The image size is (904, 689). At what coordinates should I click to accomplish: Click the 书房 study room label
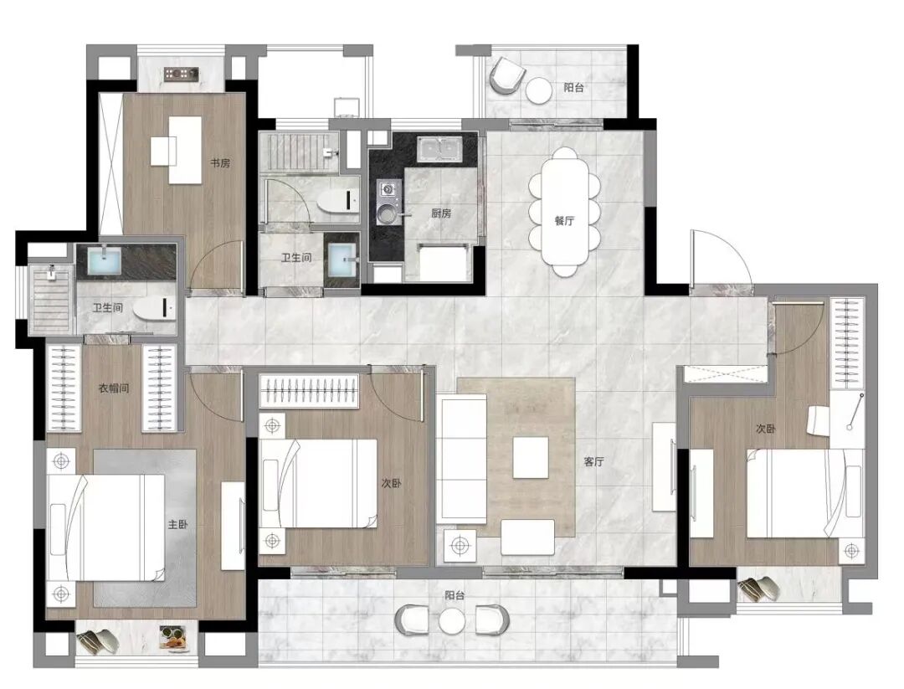pos(219,163)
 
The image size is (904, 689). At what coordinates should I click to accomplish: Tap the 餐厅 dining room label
pos(564,220)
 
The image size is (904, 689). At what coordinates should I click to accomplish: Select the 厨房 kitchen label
pos(441,213)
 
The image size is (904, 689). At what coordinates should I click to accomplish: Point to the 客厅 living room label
pos(593,462)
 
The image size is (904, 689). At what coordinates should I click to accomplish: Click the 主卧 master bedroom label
pos(177,525)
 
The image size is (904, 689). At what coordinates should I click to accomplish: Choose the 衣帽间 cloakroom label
pos(114,388)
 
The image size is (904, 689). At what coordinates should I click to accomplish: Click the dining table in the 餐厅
pos(564,212)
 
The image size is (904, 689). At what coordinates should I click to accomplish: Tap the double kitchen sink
pos(439,149)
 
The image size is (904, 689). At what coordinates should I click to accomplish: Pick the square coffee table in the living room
pos(531,457)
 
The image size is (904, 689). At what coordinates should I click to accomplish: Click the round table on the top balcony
pos(540,90)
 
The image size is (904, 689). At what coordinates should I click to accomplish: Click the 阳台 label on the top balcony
pos(573,88)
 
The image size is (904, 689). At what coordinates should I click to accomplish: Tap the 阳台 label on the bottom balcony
pos(455,595)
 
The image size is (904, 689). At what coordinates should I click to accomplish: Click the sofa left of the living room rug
pos(461,460)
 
